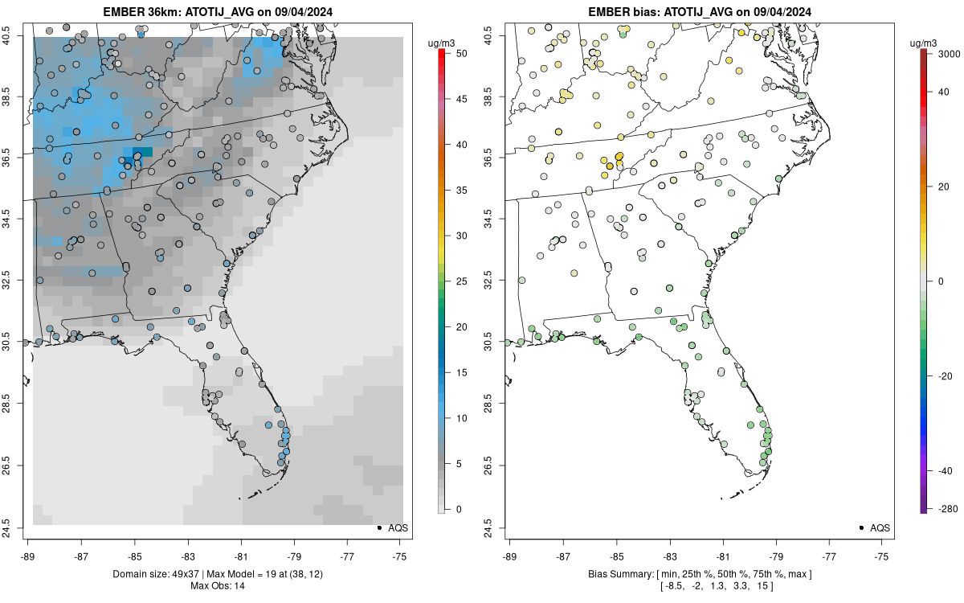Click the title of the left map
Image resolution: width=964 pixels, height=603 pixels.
(218, 11)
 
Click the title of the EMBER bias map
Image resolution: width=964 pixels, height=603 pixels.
(700, 11)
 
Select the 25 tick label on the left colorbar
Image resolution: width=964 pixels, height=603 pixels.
(462, 281)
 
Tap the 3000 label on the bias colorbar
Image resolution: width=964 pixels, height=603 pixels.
(949, 54)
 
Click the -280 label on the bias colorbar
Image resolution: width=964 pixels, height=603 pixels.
(948, 509)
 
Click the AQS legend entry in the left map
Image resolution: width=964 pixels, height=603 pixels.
(393, 527)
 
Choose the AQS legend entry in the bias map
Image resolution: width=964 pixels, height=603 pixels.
(875, 527)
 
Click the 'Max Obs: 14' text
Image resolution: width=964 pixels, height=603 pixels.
(218, 586)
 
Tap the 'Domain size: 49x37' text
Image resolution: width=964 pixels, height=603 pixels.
(157, 574)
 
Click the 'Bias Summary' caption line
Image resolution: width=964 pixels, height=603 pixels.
(701, 574)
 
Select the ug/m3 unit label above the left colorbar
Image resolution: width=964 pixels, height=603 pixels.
(441, 43)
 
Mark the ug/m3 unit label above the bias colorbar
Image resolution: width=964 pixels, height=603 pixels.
(923, 43)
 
